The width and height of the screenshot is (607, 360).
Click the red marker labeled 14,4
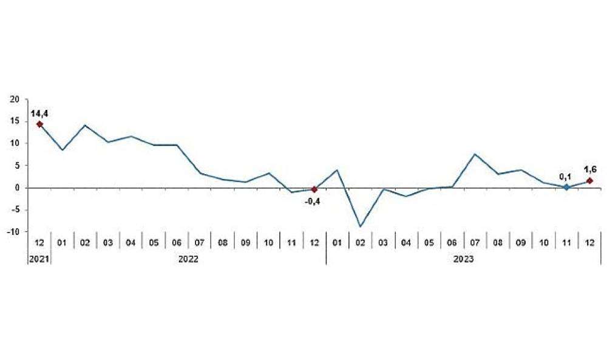pyautogui.click(x=39, y=124)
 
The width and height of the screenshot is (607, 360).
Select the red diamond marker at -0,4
pyautogui.click(x=314, y=189)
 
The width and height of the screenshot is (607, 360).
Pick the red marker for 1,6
pyautogui.click(x=589, y=181)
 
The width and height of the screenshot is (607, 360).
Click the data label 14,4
pyautogui.click(x=39, y=114)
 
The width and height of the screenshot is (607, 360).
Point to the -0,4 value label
pyautogui.click(x=312, y=202)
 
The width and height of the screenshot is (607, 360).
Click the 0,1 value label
pyautogui.click(x=565, y=177)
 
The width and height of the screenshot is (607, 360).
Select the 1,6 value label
pyautogui.click(x=590, y=169)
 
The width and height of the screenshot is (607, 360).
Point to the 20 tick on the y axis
pyautogui.click(x=15, y=100)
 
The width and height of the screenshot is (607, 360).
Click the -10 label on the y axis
pyautogui.click(x=13, y=231)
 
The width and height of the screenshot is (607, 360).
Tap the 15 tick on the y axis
pyautogui.click(x=15, y=121)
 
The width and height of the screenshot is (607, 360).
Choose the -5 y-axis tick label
pyautogui.click(x=15, y=210)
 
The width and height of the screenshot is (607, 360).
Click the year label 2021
pyautogui.click(x=39, y=259)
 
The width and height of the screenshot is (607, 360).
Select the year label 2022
pyautogui.click(x=188, y=259)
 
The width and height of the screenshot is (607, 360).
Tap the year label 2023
pyautogui.click(x=463, y=259)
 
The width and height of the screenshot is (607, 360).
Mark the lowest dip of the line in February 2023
pyautogui.click(x=361, y=226)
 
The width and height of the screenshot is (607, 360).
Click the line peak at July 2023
pyautogui.click(x=475, y=154)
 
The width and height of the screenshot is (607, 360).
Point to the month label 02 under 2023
pyautogui.click(x=360, y=243)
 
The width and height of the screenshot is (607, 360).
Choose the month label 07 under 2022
pyautogui.click(x=199, y=243)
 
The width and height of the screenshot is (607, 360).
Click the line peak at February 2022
pyautogui.click(x=85, y=125)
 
